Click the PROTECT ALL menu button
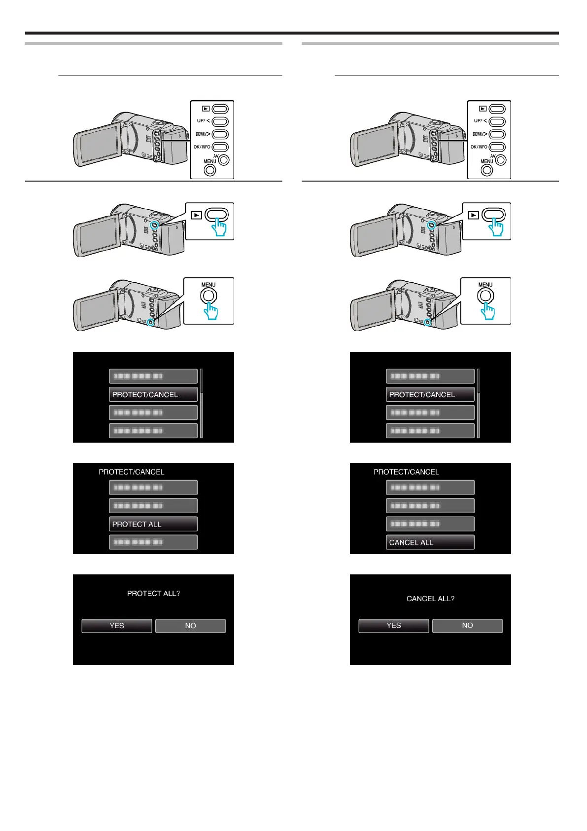click(x=153, y=524)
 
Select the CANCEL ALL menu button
click(x=430, y=542)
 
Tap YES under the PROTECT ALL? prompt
click(x=117, y=626)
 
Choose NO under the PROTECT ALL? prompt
click(x=190, y=626)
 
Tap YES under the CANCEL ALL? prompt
click(x=394, y=625)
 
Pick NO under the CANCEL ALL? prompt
click(x=467, y=625)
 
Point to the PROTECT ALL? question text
click(x=153, y=593)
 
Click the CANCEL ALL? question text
click(x=430, y=599)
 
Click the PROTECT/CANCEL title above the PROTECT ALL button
click(x=132, y=472)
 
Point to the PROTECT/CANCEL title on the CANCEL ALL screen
click(x=406, y=472)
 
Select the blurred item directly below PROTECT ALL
click(x=153, y=542)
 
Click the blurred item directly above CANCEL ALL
click(x=430, y=524)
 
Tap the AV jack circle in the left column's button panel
click(x=224, y=160)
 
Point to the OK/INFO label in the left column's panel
click(x=202, y=147)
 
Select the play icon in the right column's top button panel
click(x=483, y=109)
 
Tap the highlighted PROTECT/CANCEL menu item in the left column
click(x=153, y=394)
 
